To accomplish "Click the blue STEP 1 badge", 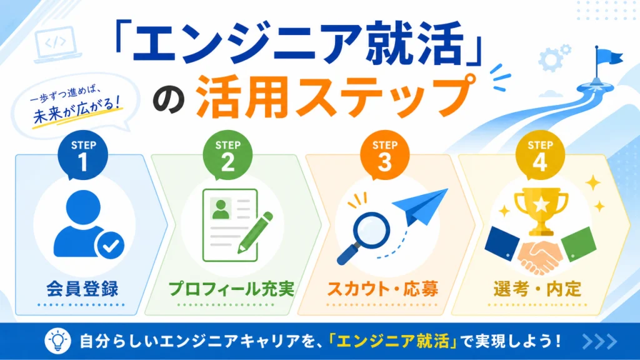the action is [83, 156].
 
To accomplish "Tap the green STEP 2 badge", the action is [227, 156].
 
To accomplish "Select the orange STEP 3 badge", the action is [384, 156].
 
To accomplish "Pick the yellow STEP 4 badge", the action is [540, 156].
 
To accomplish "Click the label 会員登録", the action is [82, 289].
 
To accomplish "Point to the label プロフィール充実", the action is [231, 289].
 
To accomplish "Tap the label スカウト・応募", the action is [382, 289].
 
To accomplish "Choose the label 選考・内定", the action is [537, 289].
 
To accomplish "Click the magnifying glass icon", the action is [363, 237].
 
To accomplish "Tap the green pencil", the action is [255, 232].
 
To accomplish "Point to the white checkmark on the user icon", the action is [110, 245].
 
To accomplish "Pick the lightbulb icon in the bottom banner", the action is [57, 341].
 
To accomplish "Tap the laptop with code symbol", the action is [57, 45].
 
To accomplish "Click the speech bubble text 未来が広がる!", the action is [77, 110].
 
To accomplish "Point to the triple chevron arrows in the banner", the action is [599, 342].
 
